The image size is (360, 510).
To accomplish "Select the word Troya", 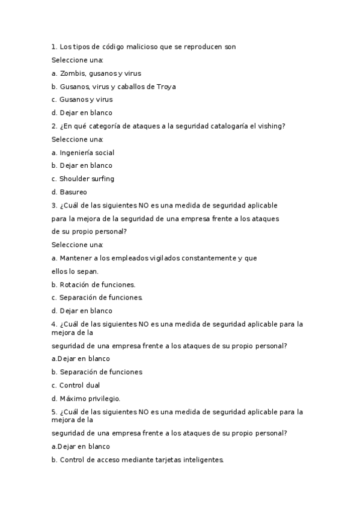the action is click(x=166, y=87).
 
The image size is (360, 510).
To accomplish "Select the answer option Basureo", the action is click(x=73, y=192).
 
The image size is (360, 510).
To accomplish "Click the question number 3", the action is click(x=54, y=205).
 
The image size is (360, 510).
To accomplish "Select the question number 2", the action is click(x=54, y=126).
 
